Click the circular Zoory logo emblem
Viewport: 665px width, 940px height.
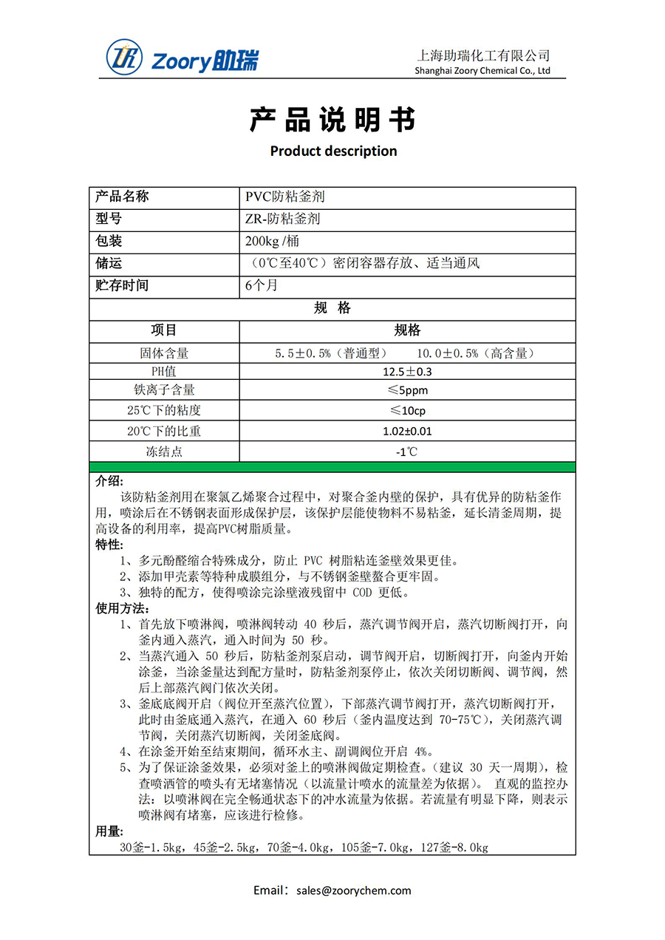click(124, 57)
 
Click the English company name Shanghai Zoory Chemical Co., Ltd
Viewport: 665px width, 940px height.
click(483, 71)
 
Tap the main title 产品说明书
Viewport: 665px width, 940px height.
click(332, 120)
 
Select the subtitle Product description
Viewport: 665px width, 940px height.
click(333, 151)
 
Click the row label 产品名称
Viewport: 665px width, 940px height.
click(123, 197)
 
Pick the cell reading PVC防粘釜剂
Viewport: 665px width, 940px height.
click(284, 197)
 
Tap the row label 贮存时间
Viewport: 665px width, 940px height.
click(123, 285)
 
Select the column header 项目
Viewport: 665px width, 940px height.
click(164, 330)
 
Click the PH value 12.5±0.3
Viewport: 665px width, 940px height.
click(407, 372)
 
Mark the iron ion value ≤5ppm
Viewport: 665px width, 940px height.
click(407, 390)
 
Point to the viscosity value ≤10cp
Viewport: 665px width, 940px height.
click(407, 411)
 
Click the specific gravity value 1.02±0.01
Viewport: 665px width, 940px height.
click(407, 431)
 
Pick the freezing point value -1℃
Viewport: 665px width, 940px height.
click(407, 452)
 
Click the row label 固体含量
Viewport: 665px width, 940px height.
click(164, 353)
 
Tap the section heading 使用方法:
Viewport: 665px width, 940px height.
click(122, 608)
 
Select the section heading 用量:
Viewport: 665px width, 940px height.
click(109, 832)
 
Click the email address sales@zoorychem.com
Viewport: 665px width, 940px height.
click(352, 890)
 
